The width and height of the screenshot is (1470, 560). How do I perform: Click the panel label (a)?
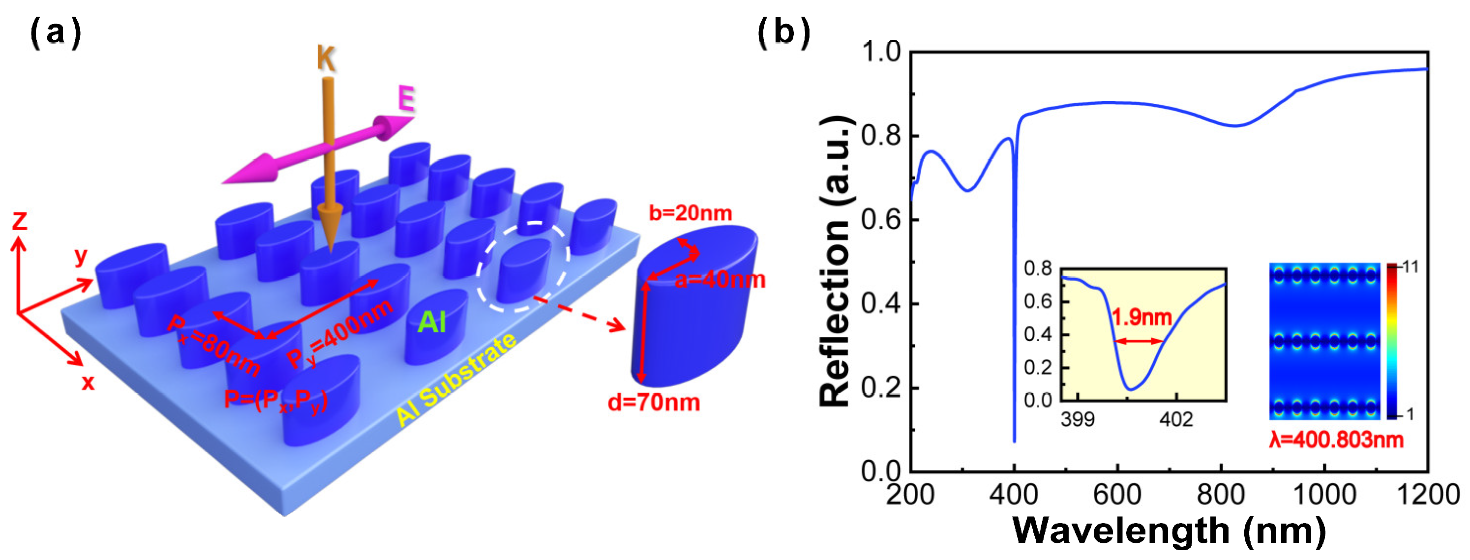[x=56, y=32]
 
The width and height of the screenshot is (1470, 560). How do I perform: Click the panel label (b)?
[x=783, y=32]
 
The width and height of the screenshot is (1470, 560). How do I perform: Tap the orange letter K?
[x=326, y=58]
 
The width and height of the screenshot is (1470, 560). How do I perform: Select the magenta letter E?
[x=406, y=99]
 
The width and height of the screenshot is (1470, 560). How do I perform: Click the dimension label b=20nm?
[x=690, y=213]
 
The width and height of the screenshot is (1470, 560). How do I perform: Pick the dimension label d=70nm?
[x=654, y=403]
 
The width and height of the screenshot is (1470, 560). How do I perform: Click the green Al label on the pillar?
[x=431, y=323]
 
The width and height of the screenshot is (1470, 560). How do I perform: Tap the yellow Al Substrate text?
[x=456, y=379]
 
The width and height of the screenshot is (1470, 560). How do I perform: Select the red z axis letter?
[x=20, y=221]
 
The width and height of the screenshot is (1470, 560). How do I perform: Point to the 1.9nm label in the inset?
[x=1141, y=317]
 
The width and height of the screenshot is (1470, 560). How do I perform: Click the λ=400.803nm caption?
[x=1336, y=440]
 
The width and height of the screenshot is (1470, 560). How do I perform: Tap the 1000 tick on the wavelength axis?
[x=1324, y=494]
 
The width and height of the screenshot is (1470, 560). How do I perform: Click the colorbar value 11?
[x=1410, y=267]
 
